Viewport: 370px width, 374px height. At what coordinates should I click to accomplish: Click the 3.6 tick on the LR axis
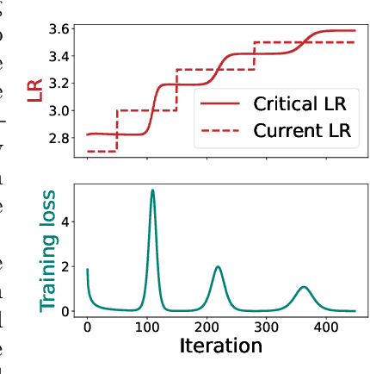(x=61, y=29)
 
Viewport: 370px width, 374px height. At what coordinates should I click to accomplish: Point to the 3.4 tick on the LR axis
(x=61, y=57)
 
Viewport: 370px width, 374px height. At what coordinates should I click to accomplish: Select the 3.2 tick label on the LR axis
(x=61, y=84)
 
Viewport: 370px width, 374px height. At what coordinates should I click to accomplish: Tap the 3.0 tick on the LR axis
(x=61, y=111)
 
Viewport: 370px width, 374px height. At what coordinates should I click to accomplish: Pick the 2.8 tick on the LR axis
(x=61, y=138)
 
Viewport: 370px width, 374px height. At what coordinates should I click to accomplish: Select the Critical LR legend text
(x=300, y=104)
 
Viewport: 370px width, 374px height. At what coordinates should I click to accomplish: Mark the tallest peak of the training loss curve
(x=152, y=190)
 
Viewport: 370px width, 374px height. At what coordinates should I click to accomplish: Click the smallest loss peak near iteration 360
(x=303, y=287)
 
